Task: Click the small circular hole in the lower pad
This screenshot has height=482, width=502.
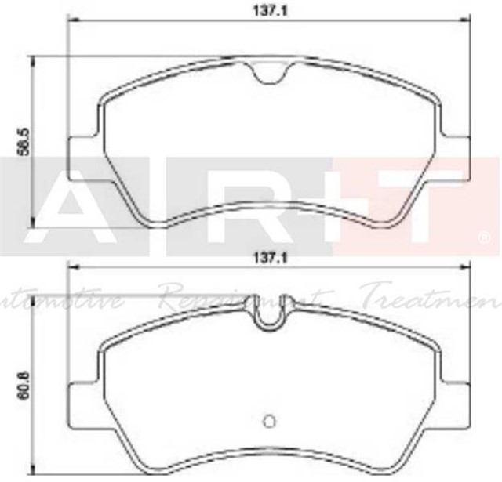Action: click(269, 420)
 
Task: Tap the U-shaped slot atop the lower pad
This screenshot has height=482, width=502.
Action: click(270, 316)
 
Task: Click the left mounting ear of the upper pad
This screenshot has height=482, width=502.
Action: click(82, 149)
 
